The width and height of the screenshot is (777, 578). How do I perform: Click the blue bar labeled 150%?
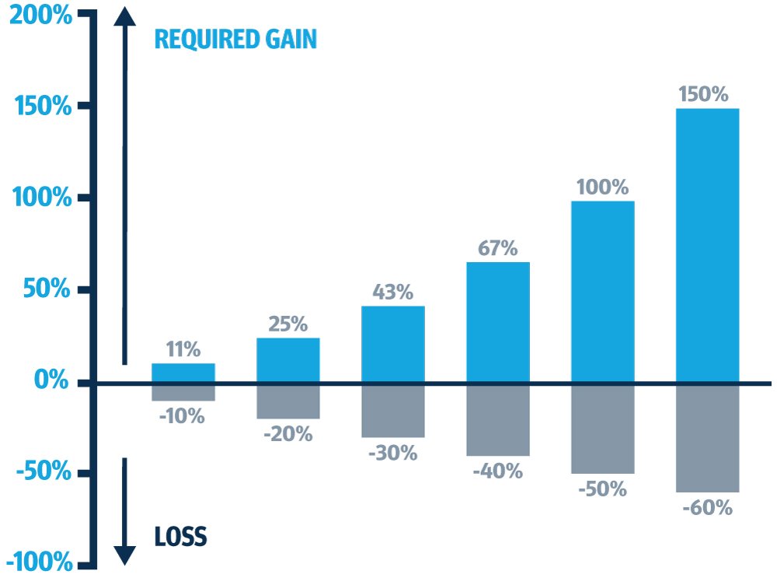(x=707, y=245)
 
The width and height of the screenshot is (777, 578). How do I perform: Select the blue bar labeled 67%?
(x=497, y=322)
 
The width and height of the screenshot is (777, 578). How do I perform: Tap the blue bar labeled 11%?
(x=183, y=373)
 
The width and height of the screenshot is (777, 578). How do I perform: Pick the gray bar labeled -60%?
(x=707, y=437)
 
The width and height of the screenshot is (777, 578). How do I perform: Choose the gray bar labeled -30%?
(x=392, y=410)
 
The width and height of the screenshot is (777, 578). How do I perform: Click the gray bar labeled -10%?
(x=183, y=391)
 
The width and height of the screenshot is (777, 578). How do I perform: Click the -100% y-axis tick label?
(x=40, y=562)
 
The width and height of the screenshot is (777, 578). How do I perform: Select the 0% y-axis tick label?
(x=51, y=381)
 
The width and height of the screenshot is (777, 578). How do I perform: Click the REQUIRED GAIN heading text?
(x=235, y=39)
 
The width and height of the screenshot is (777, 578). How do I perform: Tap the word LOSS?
(x=180, y=537)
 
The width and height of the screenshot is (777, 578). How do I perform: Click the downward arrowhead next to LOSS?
(x=124, y=554)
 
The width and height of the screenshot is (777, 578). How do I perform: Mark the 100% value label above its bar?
(x=602, y=187)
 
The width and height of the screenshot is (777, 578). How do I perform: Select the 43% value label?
(x=392, y=293)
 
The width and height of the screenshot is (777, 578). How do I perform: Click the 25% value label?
(x=287, y=324)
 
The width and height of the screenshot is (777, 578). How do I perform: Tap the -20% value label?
(x=287, y=434)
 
